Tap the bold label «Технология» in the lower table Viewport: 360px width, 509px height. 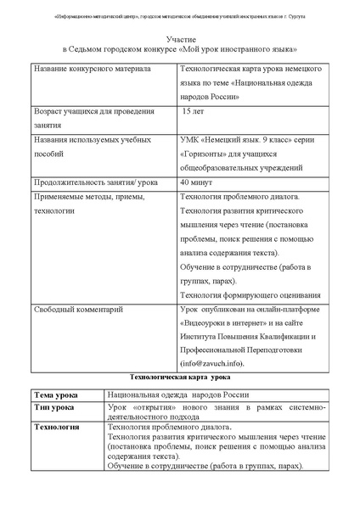pos(56,427)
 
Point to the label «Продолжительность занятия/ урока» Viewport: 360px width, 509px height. pos(94,182)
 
